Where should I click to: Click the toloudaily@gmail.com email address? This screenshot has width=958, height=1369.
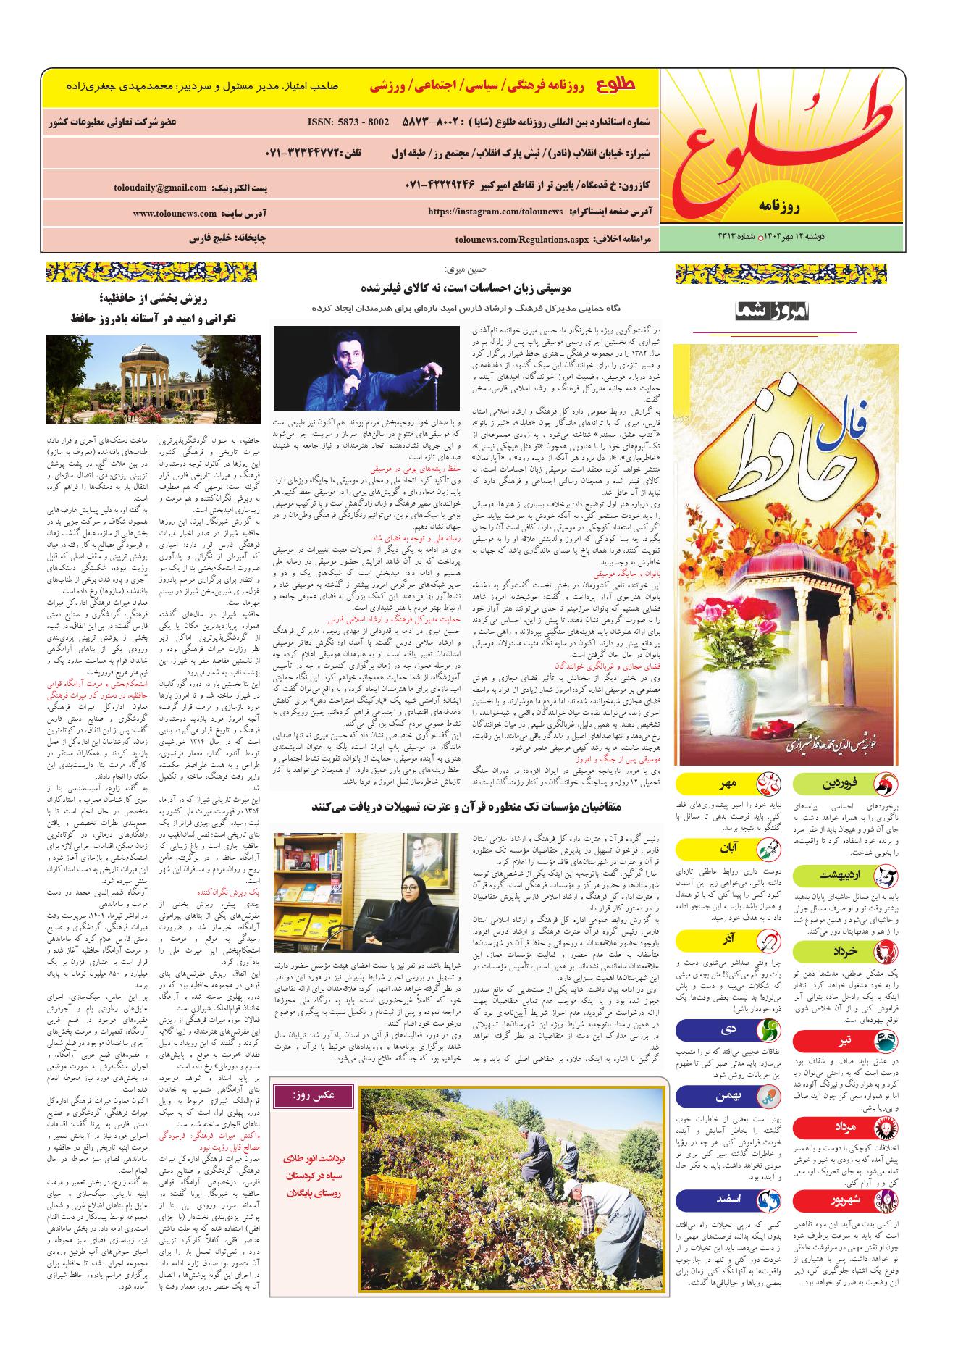[x=160, y=188]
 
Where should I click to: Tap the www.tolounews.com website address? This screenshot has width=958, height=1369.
[x=175, y=214]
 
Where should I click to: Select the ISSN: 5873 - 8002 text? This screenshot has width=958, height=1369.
[x=348, y=122]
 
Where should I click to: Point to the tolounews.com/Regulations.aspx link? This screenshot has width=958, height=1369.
[x=521, y=238]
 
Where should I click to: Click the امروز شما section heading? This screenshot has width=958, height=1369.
[x=776, y=312]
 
